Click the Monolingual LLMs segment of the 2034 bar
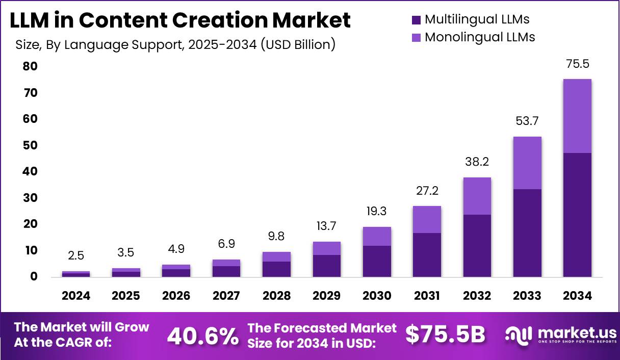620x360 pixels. pos(577,116)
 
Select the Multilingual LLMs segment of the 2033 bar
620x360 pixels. pos(527,233)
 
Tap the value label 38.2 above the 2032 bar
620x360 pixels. pos(477,162)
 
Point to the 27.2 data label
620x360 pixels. pos(427,191)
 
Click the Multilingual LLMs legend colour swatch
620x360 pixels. pos(416,20)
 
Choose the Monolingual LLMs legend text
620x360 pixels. pos(480,37)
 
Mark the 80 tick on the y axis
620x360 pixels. pos(30,66)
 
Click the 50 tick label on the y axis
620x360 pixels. pos(30,145)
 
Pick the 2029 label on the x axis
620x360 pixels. pos(327,296)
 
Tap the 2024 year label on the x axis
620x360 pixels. pos(76,296)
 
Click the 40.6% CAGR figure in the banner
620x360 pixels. pos(203,336)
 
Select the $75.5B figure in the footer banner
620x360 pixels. pos(445,335)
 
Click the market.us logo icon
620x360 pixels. pos(519,335)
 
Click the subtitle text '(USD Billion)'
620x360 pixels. pos(298,44)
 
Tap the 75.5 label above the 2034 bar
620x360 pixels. pos(577,64)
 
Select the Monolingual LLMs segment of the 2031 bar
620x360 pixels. pos(427,219)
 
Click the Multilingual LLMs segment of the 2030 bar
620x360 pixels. pos(377,261)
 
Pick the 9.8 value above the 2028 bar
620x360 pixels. pos(277,236)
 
